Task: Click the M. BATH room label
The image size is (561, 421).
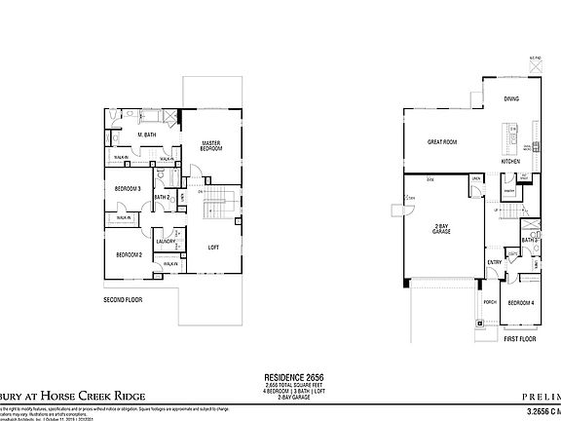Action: tap(149, 134)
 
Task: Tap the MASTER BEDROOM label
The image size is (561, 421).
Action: tap(213, 145)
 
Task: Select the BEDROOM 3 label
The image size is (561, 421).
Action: tap(129, 188)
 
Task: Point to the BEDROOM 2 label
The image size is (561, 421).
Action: tap(130, 254)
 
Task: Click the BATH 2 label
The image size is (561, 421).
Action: tap(162, 198)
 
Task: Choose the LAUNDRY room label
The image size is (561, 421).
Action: tap(165, 241)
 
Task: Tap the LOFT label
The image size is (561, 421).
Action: tap(214, 247)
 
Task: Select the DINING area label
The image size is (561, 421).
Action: tap(511, 99)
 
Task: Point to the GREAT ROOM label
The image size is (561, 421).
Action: tap(443, 141)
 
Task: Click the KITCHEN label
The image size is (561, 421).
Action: tap(510, 161)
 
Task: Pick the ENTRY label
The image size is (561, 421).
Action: tap(495, 260)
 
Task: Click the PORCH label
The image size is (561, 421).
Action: tap(490, 302)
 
